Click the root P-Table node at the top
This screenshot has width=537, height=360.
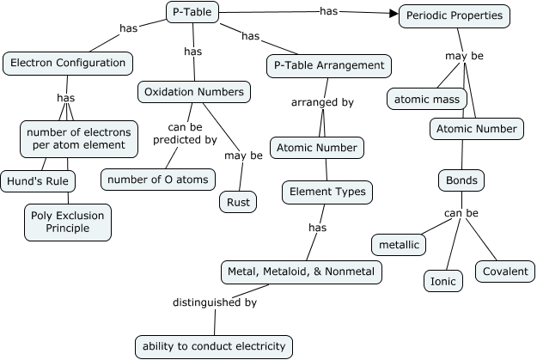click(x=192, y=12)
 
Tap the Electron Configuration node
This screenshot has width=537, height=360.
click(x=68, y=63)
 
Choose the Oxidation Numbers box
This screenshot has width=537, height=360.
click(x=194, y=91)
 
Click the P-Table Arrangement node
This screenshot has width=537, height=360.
click(x=329, y=65)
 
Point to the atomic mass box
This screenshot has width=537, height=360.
click(x=427, y=99)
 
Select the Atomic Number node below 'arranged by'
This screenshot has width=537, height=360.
click(x=316, y=148)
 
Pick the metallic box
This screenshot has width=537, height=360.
click(x=400, y=245)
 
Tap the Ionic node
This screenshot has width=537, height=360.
click(x=443, y=280)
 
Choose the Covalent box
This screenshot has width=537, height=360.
click(x=505, y=272)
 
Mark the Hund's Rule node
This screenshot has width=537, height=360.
click(x=37, y=181)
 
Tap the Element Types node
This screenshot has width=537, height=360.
click(x=327, y=192)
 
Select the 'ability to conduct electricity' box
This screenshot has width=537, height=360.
click(x=214, y=346)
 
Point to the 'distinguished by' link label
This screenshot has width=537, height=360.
click(x=215, y=302)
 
